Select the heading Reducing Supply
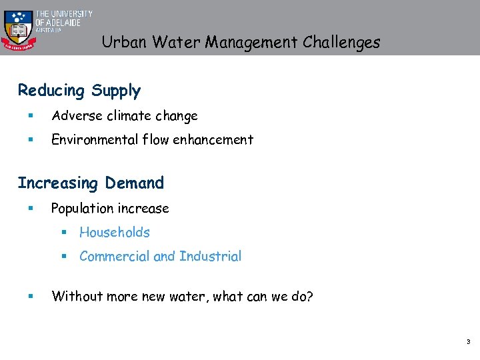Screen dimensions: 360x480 [x=79, y=91]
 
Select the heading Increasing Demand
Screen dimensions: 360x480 [x=91, y=183]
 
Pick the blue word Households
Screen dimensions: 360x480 [x=115, y=233]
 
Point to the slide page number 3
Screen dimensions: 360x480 [x=468, y=342]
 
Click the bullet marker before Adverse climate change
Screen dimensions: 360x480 [x=31, y=117]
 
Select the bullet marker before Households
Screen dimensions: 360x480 [x=64, y=233]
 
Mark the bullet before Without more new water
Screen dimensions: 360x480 [x=31, y=297]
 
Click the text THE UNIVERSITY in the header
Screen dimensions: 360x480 [x=64, y=14]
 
